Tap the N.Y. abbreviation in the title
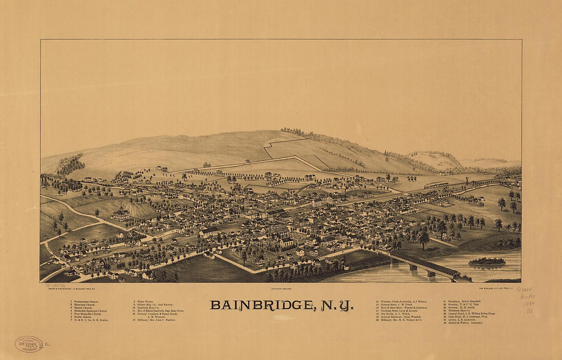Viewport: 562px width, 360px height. coord(337,305)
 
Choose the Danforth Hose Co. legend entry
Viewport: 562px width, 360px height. coord(149,307)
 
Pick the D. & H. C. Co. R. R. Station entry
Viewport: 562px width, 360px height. coord(89,320)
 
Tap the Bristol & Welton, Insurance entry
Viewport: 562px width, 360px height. coord(463,323)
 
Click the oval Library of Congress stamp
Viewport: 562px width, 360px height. coord(29,344)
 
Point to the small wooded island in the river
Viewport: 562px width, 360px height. coord(486,261)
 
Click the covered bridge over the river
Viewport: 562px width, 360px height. coord(424,263)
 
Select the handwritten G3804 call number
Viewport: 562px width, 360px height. coord(524,290)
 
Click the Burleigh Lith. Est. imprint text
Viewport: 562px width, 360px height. coord(499,289)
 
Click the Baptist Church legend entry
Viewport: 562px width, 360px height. coord(82,307)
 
